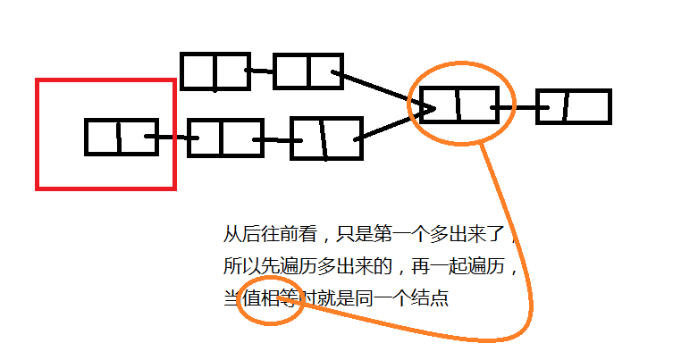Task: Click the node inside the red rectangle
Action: tap(122, 137)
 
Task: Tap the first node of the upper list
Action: tap(215, 71)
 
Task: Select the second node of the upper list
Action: tap(307, 71)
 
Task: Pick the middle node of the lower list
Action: tap(224, 138)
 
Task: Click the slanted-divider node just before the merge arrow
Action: tap(326, 138)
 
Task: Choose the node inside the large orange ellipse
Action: tap(458, 105)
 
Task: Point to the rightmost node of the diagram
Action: tap(573, 106)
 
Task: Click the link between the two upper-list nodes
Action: tap(260, 71)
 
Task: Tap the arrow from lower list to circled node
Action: tap(393, 124)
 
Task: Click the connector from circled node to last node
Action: tap(517, 107)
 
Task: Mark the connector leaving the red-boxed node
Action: tap(172, 138)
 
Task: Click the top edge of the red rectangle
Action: tap(105, 80)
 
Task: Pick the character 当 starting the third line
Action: tap(230, 299)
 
